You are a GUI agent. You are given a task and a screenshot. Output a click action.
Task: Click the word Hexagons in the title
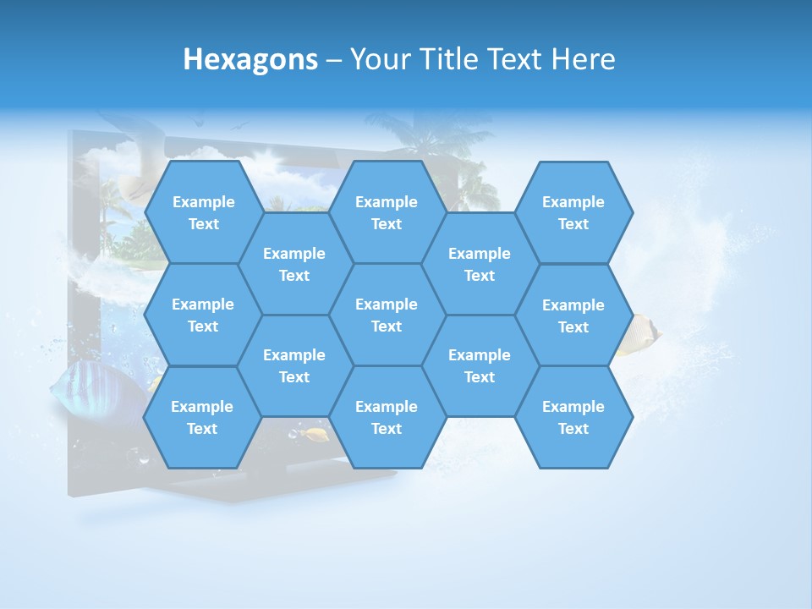(x=250, y=59)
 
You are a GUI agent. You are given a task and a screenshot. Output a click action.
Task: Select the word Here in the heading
(x=583, y=59)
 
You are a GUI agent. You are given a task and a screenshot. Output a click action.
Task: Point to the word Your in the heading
(x=380, y=59)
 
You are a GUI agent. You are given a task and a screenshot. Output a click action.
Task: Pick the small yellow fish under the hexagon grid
(x=317, y=435)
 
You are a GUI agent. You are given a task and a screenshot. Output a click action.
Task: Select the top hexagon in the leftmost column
(x=203, y=212)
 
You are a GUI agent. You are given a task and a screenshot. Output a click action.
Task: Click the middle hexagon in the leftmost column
(x=203, y=315)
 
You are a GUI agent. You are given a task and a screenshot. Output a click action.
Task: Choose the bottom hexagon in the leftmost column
(x=202, y=417)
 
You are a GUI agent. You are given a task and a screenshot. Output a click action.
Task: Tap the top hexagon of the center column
(x=387, y=212)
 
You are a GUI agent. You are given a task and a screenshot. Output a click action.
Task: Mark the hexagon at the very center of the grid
(x=387, y=315)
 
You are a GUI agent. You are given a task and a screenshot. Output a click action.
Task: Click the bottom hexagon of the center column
(x=387, y=417)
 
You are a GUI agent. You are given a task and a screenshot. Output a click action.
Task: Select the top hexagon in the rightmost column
(x=573, y=212)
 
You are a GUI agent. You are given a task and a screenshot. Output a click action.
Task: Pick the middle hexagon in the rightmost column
(x=573, y=315)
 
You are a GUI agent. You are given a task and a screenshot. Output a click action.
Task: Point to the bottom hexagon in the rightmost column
(x=573, y=417)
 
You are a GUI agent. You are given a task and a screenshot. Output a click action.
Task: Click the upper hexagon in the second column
(x=294, y=264)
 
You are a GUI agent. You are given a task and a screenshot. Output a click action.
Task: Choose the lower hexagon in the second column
(x=294, y=365)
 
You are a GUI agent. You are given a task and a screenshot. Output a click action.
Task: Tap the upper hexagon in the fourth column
(x=480, y=264)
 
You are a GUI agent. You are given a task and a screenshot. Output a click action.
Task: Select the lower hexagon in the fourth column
(x=480, y=365)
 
